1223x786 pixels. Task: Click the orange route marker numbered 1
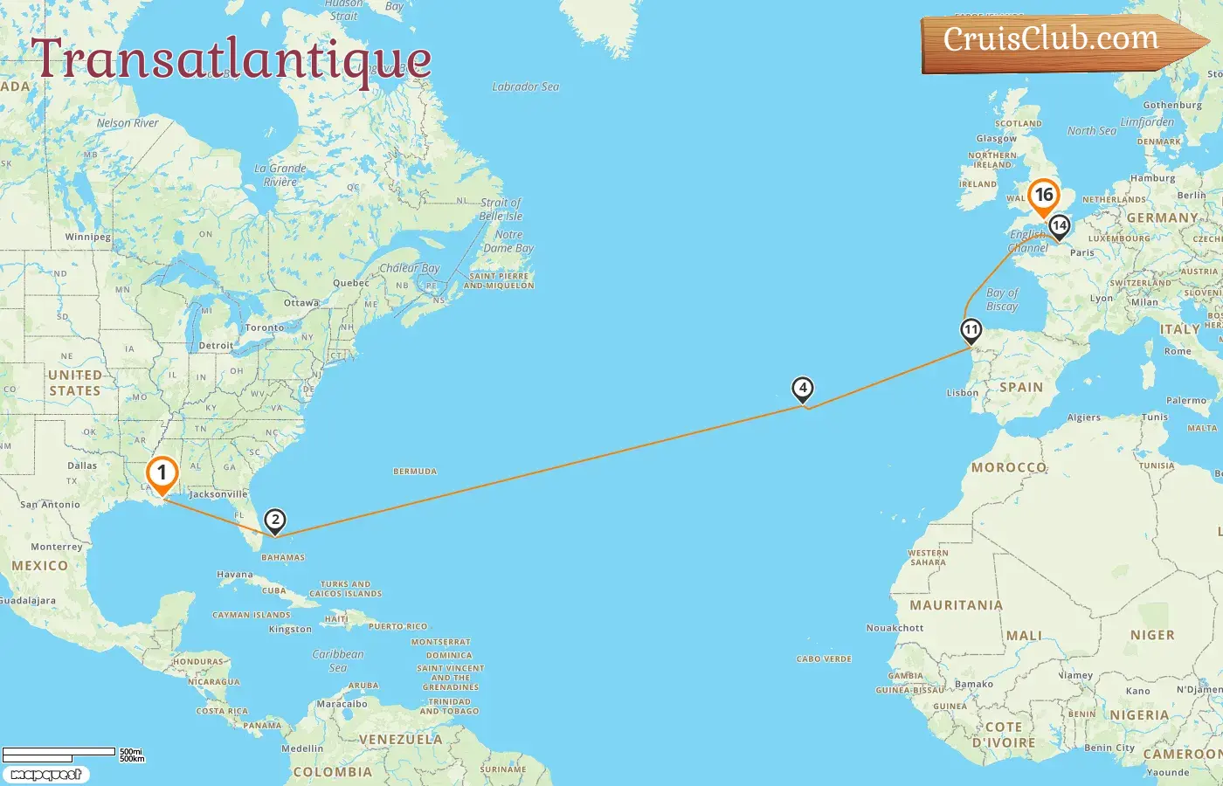click(x=162, y=474)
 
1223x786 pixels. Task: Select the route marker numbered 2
click(x=275, y=521)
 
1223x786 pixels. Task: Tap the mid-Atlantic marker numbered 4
click(x=802, y=389)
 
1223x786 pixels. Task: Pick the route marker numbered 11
click(x=971, y=331)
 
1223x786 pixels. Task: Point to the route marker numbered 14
click(x=1059, y=226)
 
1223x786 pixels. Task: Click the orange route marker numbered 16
click(x=1044, y=196)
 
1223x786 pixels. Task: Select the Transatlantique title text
click(x=231, y=59)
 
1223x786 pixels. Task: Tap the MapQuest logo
click(x=45, y=775)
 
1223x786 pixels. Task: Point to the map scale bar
click(x=59, y=752)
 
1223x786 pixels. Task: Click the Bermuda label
click(x=415, y=472)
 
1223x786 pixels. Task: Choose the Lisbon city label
click(x=963, y=393)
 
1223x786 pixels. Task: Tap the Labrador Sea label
click(x=525, y=86)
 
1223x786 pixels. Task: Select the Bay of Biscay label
click(x=1002, y=300)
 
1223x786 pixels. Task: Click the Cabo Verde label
click(x=824, y=659)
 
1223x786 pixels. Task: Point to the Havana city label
click(x=234, y=575)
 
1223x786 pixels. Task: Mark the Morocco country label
click(x=1008, y=467)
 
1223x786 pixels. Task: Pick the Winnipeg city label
click(x=87, y=237)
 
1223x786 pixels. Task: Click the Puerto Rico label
click(x=397, y=626)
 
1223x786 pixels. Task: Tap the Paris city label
click(x=1082, y=252)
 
